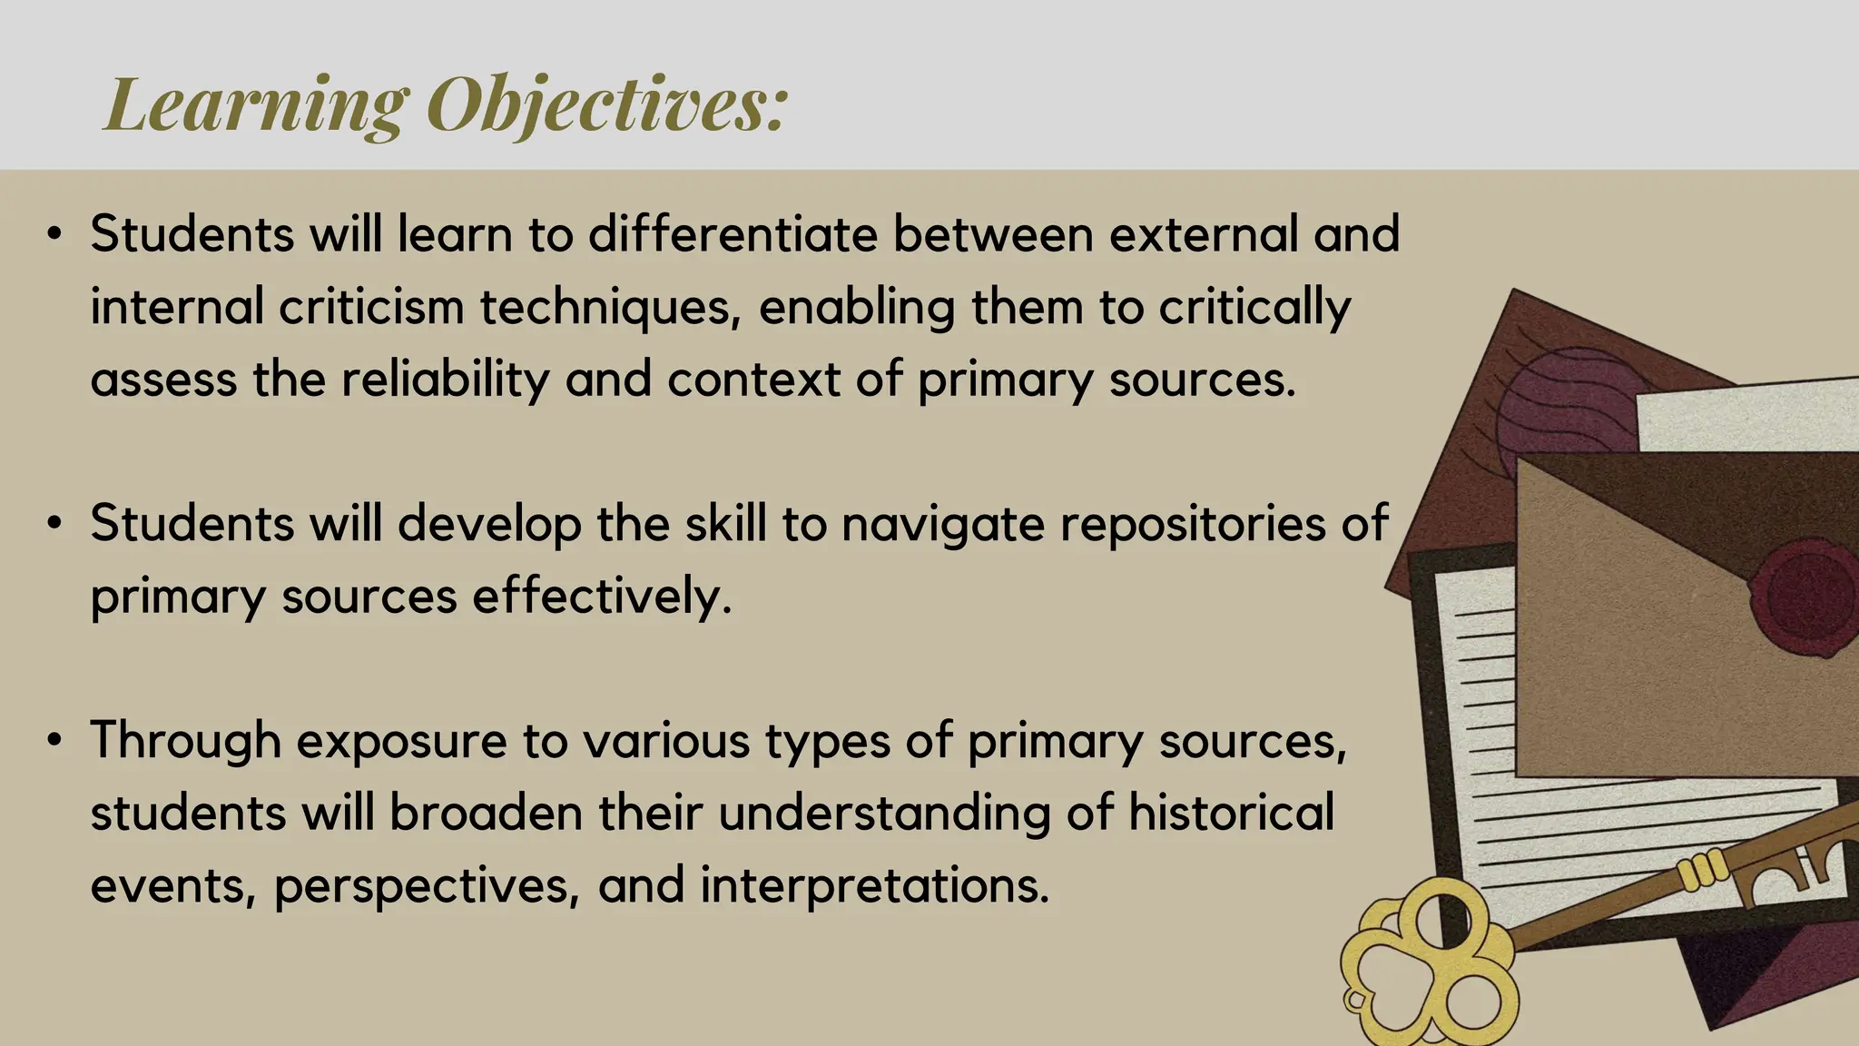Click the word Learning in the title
(257, 104)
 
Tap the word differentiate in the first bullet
(733, 234)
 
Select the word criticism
(371, 307)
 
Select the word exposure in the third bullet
(401, 741)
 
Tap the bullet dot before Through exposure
(55, 741)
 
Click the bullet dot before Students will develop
(55, 525)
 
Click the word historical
(1231, 813)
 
